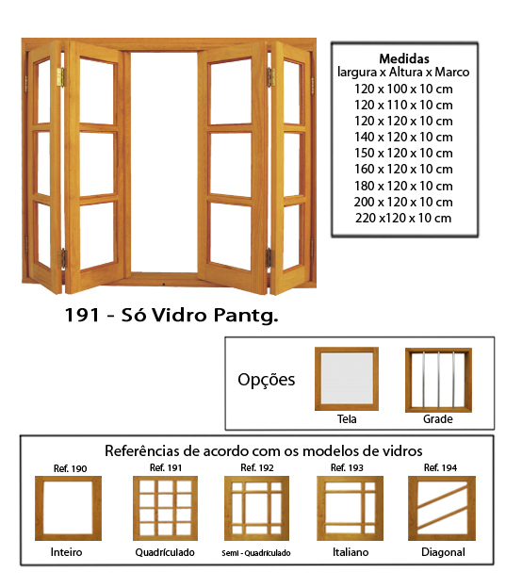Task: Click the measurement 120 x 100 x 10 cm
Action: pos(403,90)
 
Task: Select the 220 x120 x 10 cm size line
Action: pos(403,218)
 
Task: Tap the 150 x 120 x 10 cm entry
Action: pos(403,154)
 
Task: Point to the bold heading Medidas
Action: pos(404,58)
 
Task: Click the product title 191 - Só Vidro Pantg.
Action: pos(171,315)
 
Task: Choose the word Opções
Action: pos(267,380)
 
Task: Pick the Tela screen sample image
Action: pos(347,379)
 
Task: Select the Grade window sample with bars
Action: pos(438,380)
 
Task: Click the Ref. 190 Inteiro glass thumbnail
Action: pos(68,508)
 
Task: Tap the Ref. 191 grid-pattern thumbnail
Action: pos(166,508)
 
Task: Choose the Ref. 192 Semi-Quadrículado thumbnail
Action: pos(256,508)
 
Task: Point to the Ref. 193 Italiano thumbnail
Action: pos(350,508)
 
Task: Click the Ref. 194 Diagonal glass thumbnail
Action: pos(442,508)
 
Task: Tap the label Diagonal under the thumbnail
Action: pos(443,552)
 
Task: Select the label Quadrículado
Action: pos(165,552)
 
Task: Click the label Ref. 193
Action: pos(347,467)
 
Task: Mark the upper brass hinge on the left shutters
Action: pos(60,77)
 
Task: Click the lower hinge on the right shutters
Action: pos(269,257)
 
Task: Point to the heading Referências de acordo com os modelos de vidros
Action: pos(263,450)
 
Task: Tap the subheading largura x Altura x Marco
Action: pos(403,72)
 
